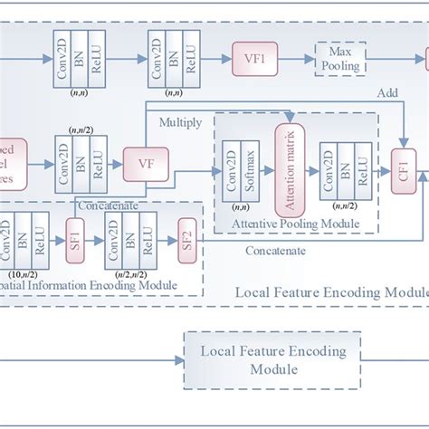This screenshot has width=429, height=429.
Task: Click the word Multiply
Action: pos(180,121)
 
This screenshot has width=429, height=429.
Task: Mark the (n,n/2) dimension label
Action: pos(78,131)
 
